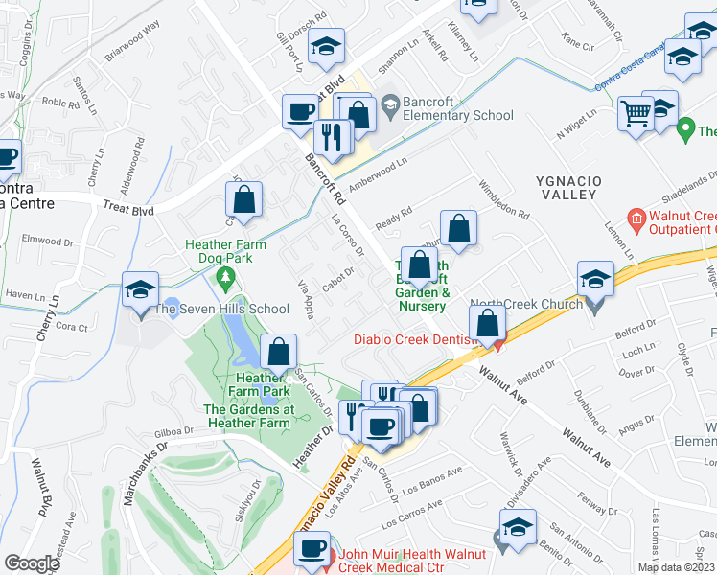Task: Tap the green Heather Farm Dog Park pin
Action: tap(226, 279)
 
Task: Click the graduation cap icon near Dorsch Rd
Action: tap(326, 47)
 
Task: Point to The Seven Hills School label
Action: tap(221, 309)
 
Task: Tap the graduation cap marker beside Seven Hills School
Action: tap(140, 289)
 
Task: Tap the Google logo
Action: tap(31, 563)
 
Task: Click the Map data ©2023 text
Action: tap(676, 567)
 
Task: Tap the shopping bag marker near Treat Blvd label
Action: tap(244, 201)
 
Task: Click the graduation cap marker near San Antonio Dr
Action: tap(519, 529)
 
